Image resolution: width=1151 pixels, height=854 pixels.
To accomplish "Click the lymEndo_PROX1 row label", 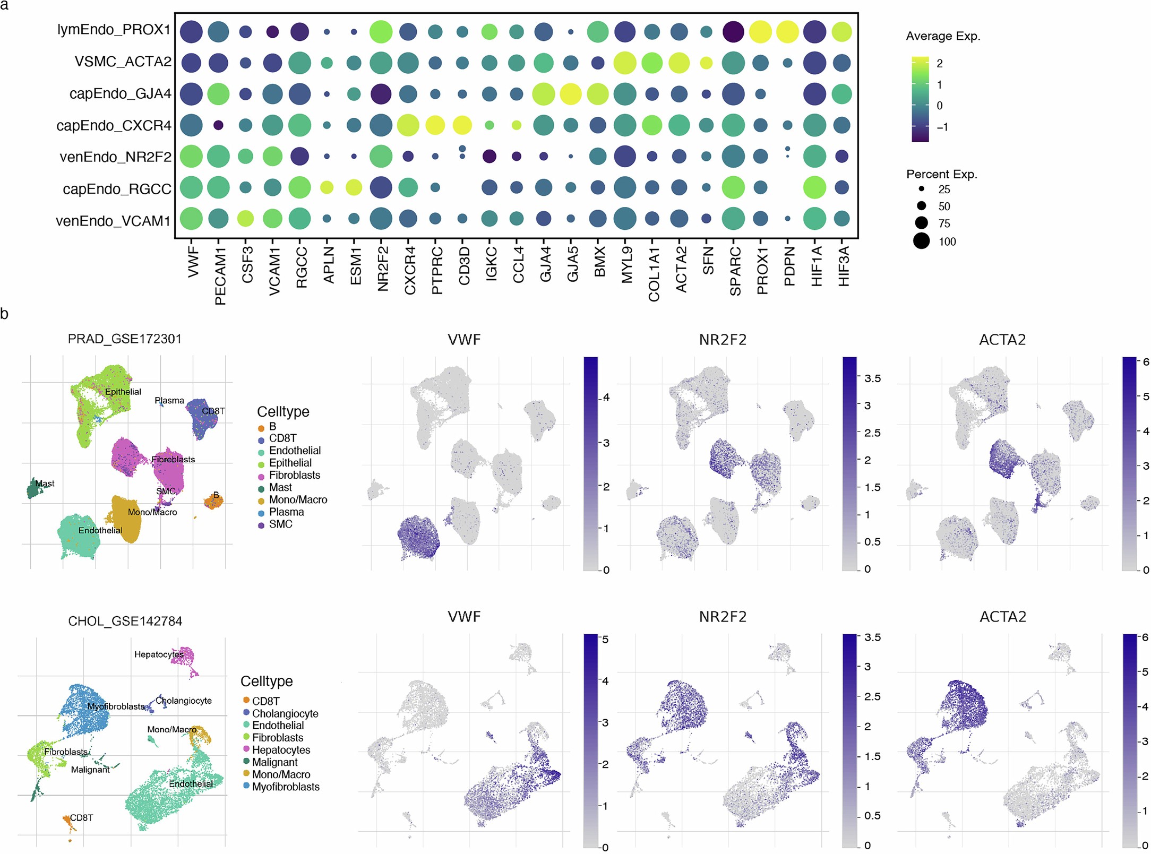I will (114, 30).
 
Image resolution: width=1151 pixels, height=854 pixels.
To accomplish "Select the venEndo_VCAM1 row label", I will (113, 221).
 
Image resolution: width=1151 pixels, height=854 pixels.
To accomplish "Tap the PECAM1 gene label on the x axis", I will (220, 275).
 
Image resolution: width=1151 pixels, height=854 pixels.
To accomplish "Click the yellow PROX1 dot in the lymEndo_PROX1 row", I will (760, 32).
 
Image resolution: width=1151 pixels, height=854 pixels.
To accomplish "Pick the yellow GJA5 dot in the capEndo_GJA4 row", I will (571, 94).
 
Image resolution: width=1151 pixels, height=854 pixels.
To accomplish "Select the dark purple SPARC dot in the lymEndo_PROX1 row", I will (733, 32).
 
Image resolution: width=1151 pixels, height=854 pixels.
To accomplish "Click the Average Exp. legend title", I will (943, 36).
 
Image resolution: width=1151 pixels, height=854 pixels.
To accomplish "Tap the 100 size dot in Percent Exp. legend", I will (922, 241).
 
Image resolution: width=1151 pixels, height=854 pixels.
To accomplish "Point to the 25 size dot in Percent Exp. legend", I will (922, 189).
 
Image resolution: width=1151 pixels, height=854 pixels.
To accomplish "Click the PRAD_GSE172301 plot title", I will (124, 339).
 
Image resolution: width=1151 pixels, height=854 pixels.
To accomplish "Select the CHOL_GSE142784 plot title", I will (125, 621).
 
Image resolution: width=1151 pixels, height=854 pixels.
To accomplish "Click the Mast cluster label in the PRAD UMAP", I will (45, 484).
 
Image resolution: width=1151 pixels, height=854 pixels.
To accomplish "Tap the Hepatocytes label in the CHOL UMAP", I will (159, 654).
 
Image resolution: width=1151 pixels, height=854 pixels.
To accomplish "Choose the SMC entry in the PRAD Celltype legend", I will (280, 524).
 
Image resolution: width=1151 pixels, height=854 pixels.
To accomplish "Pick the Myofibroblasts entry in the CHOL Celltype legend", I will (286, 787).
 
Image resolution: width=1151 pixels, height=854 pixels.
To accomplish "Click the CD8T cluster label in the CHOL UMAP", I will (81, 818).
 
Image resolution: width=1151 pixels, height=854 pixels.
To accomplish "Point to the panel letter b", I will (5, 314).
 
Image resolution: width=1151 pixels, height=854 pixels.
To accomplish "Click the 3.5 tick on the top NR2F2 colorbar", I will (872, 378).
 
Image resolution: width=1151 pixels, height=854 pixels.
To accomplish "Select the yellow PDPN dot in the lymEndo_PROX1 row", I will (787, 32).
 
